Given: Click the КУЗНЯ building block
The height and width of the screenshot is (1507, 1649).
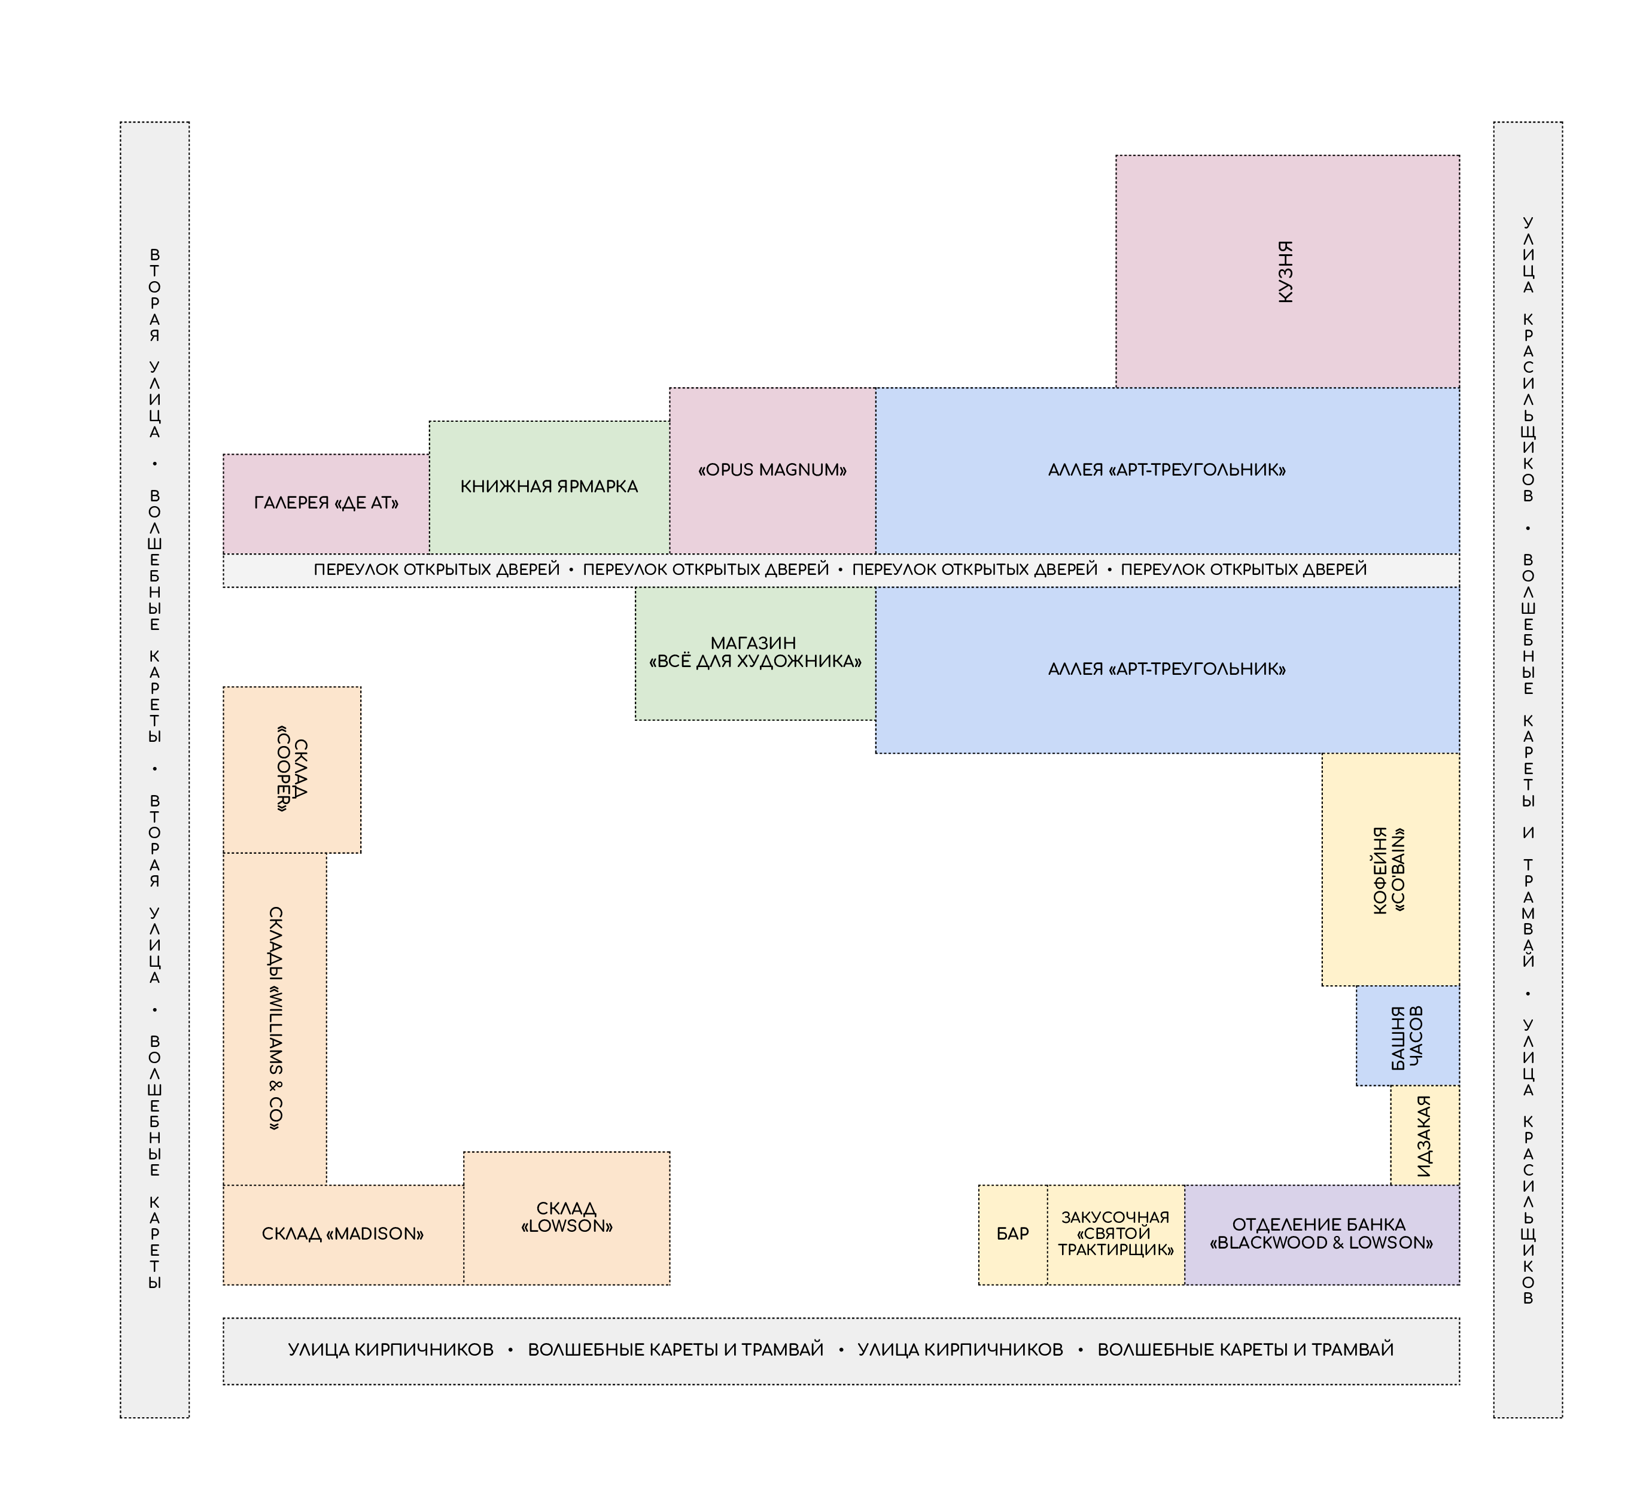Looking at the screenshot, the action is (x=1288, y=272).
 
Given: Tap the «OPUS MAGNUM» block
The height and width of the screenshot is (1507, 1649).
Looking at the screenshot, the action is (x=773, y=471).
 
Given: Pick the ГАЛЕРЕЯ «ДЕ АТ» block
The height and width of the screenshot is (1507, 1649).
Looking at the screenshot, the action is (x=326, y=504).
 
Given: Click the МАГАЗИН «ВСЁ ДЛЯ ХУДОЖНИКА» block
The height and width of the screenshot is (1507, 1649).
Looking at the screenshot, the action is (x=756, y=653).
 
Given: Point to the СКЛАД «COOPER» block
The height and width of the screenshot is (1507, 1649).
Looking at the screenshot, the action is (x=292, y=769).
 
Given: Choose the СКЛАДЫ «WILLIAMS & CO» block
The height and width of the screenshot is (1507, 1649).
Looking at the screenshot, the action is (x=275, y=1019).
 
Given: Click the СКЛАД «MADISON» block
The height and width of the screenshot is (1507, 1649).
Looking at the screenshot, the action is (x=343, y=1235).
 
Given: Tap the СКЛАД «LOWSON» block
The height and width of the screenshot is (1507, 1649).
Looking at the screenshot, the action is (x=567, y=1219).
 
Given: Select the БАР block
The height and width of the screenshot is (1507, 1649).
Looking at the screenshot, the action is (x=1012, y=1235).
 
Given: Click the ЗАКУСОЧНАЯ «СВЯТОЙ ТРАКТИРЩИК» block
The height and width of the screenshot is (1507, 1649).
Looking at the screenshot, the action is (x=1116, y=1235).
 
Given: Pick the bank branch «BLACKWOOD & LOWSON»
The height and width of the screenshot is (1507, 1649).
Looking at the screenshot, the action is (x=1322, y=1235).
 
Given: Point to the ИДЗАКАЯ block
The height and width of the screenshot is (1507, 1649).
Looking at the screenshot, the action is (x=1425, y=1135).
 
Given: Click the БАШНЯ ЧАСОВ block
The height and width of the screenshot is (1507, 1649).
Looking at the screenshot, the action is (x=1408, y=1036).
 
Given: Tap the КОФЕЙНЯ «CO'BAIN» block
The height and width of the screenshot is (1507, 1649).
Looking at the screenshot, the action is (x=1391, y=869).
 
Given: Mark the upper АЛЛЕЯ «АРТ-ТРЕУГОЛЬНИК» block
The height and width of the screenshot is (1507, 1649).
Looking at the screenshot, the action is (x=1167, y=471).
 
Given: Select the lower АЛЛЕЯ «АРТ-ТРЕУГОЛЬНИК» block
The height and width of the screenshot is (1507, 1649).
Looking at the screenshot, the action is (x=1167, y=669).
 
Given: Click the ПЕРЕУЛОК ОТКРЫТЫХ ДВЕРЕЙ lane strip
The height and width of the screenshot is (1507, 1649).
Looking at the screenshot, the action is (x=841, y=570).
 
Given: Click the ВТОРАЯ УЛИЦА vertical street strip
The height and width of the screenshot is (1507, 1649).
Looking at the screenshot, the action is (x=154, y=769).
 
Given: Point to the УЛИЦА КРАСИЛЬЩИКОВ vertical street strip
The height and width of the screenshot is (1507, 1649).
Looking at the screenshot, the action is (x=1528, y=769).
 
